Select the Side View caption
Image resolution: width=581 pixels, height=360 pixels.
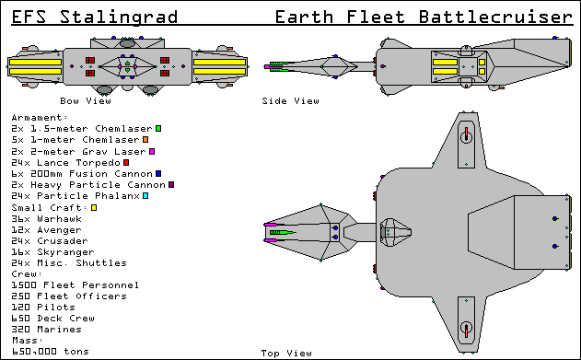click(290, 101)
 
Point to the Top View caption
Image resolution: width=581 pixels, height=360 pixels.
click(287, 353)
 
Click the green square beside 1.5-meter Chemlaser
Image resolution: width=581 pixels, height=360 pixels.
click(159, 129)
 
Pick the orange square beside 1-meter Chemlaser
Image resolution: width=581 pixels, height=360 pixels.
click(145, 140)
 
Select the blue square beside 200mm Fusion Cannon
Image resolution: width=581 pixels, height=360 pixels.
click(159, 173)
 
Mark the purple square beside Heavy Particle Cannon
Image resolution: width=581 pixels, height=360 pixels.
click(170, 184)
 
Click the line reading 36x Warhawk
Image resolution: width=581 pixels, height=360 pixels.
click(45, 218)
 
